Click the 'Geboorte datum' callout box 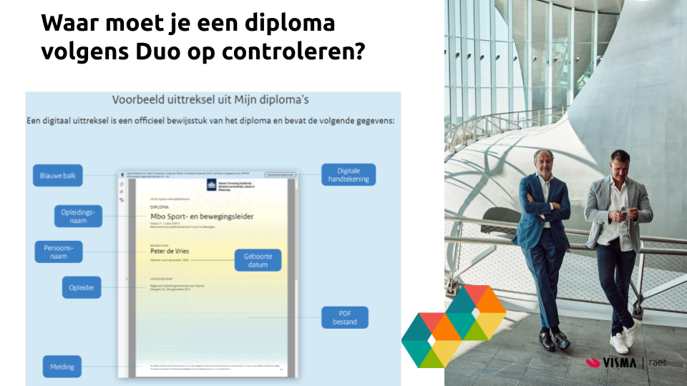point(258,260)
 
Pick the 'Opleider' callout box point(81,288)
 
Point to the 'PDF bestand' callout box point(344,317)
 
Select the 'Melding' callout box point(62,367)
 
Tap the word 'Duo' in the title point(161,52)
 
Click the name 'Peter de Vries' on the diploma point(170,251)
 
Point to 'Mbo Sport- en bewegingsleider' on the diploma point(202,216)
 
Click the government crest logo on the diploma point(211,184)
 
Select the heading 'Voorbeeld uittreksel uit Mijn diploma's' point(211,100)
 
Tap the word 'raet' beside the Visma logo point(657,362)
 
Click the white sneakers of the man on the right point(624,337)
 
